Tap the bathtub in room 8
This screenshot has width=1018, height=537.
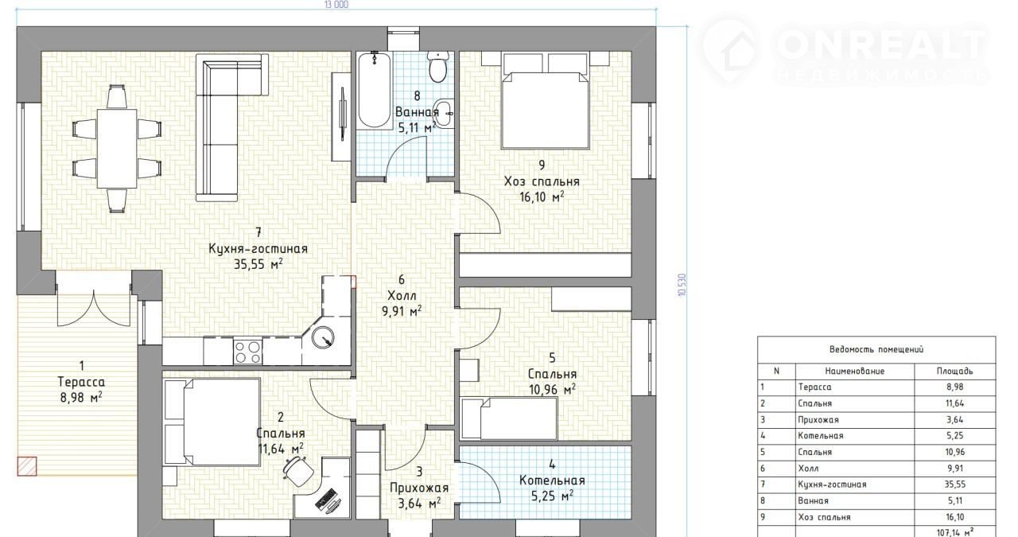(x=374, y=90)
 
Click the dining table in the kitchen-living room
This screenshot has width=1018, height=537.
(x=117, y=148)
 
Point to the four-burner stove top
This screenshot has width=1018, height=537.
(x=247, y=352)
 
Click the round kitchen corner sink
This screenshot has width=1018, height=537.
(x=323, y=338)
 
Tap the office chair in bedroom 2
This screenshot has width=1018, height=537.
(x=298, y=471)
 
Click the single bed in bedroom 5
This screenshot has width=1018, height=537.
(x=509, y=418)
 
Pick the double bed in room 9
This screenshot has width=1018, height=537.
(x=546, y=110)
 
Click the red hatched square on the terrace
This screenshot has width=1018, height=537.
(x=27, y=466)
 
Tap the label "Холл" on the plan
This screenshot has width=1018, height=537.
(x=402, y=296)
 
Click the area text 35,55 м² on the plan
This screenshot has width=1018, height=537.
(x=258, y=264)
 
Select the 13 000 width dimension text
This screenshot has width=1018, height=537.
(x=336, y=5)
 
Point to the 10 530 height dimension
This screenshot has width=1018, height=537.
(x=682, y=285)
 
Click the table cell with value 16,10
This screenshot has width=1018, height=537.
(x=954, y=517)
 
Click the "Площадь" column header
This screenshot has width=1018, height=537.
(x=954, y=371)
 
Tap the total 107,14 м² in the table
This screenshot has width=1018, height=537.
(x=955, y=532)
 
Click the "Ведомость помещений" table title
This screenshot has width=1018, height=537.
(x=876, y=350)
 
